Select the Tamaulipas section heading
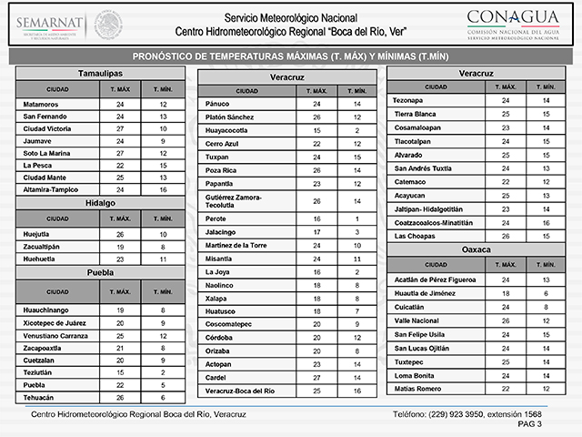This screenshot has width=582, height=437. click(100, 72)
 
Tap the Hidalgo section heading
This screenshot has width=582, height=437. click(100, 202)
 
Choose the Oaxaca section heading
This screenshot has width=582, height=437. click(477, 248)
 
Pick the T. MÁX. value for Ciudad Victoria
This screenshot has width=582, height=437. click(120, 128)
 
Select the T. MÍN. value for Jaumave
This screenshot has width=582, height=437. click(162, 141)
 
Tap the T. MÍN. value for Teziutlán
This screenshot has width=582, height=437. click(162, 373)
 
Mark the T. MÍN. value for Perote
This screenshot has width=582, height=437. click(356, 219)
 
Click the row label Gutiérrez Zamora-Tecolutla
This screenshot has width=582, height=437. click(240, 200)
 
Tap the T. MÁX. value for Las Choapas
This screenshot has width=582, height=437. click(506, 236)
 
